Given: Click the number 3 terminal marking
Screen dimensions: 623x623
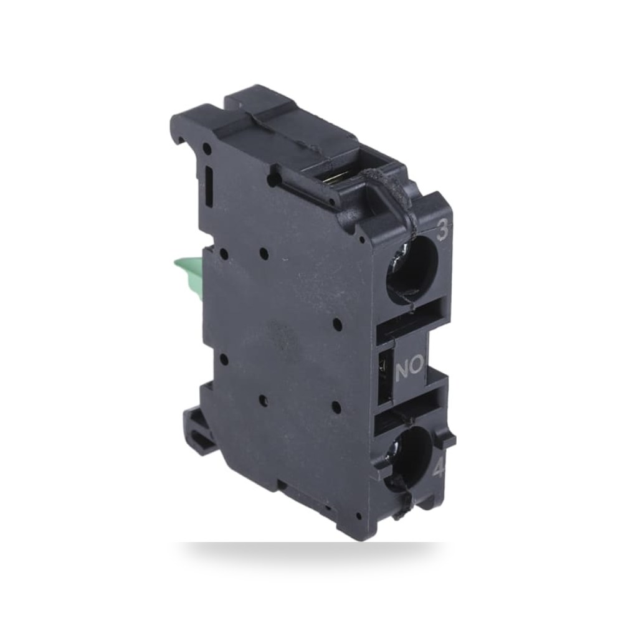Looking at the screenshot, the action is [x=442, y=231].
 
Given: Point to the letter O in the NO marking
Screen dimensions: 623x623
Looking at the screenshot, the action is [x=416, y=368].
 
